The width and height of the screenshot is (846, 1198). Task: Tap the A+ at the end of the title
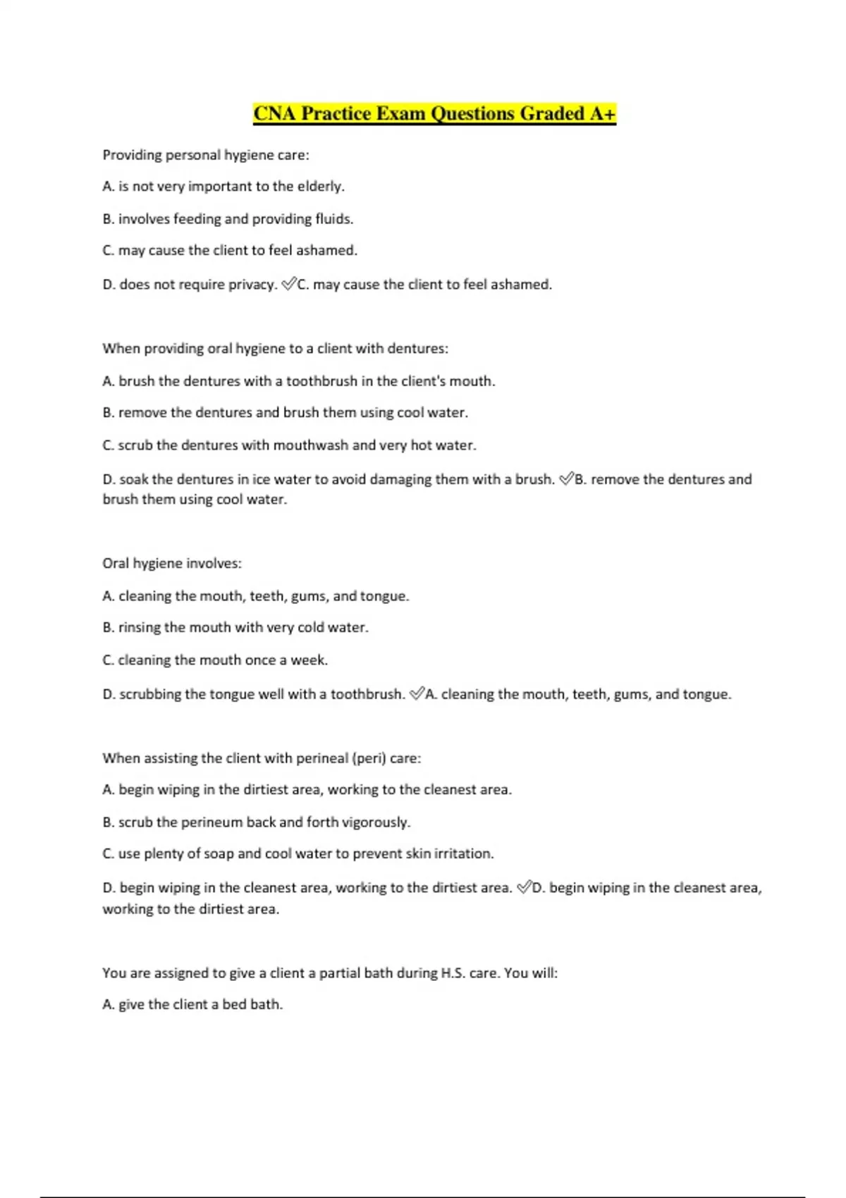tap(602, 113)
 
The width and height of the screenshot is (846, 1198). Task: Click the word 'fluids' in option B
tap(333, 219)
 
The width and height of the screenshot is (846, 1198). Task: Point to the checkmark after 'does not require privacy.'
tap(288, 284)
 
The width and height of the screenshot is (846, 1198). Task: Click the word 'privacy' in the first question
tap(251, 285)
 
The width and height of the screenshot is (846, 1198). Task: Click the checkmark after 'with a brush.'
tap(566, 479)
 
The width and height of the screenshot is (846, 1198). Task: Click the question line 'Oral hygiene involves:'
tap(172, 564)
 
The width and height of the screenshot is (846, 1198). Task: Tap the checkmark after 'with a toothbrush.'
tap(417, 694)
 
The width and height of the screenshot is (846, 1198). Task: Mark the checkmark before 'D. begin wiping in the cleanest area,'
tap(524, 888)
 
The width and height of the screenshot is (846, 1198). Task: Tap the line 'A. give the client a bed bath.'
tap(192, 1005)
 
